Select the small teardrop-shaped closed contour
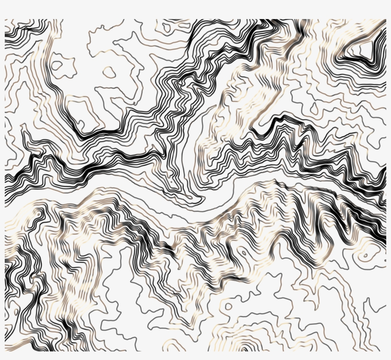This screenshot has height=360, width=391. [109, 72]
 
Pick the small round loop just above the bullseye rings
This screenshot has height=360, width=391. [228, 306]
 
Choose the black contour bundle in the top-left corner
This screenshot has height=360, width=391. [21, 33]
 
